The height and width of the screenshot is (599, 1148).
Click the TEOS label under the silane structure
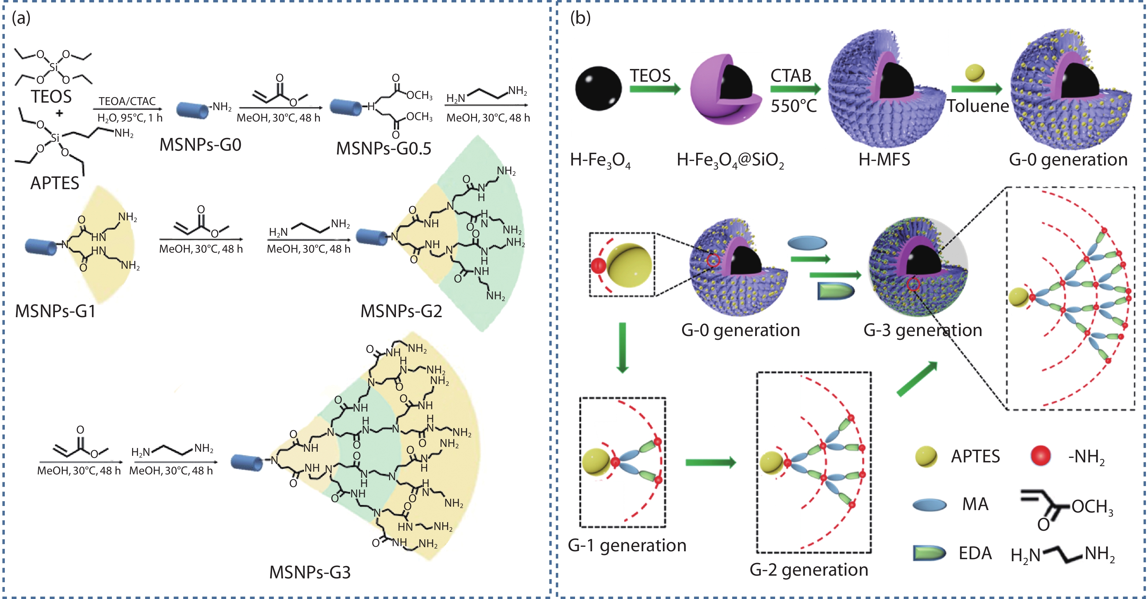[x=51, y=96]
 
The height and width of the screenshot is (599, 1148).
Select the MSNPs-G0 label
[x=201, y=145]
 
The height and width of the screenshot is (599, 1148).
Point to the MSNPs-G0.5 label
[x=384, y=149]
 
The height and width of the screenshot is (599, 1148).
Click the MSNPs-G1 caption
[x=55, y=311]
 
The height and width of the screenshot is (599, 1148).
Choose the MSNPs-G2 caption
[x=401, y=311]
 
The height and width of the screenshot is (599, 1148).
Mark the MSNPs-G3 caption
[x=310, y=572]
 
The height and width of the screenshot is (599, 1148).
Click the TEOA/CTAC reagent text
[x=127, y=101]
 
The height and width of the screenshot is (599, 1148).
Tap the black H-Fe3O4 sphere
[x=598, y=88]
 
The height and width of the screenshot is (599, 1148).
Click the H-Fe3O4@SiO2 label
[x=730, y=160]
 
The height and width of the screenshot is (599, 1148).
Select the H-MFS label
[x=884, y=159]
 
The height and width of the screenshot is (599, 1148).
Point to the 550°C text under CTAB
[x=794, y=106]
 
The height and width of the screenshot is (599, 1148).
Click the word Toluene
[x=978, y=106]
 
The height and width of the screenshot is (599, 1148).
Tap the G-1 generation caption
[x=627, y=545]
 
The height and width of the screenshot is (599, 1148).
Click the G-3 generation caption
[x=923, y=330]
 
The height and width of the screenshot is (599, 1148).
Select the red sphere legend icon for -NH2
[x=1041, y=456]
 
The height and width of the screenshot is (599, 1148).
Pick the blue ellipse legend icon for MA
[x=930, y=505]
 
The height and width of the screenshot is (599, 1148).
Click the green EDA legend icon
[x=929, y=553]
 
